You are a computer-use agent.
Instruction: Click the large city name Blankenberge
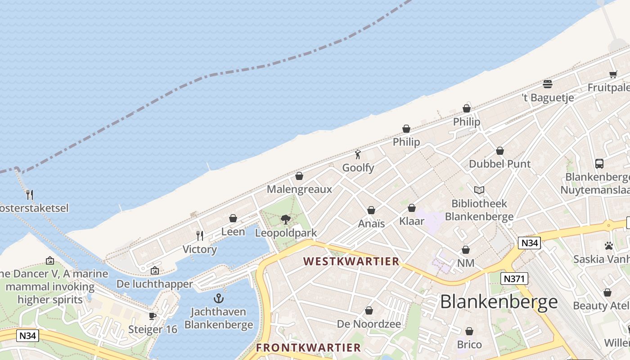[499, 301]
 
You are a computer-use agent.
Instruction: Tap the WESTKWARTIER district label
[351, 261]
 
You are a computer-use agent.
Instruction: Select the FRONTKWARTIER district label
[308, 347]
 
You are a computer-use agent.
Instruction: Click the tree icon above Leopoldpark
[285, 220]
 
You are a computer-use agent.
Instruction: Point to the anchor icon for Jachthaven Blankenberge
[219, 298]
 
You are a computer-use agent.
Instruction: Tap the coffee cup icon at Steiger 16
[153, 316]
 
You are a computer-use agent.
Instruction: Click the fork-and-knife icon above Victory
[200, 236]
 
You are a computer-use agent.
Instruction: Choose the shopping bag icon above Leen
[233, 219]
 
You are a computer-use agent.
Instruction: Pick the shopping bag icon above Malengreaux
[299, 176]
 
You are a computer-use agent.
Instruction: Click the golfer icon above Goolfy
[358, 155]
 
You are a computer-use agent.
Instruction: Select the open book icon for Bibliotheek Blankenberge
[479, 190]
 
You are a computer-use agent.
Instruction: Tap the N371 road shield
[514, 279]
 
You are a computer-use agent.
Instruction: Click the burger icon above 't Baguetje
[548, 84]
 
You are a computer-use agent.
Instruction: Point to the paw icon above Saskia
[609, 246]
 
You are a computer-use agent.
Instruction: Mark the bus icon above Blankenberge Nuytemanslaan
[599, 164]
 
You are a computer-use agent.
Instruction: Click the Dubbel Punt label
[500, 164]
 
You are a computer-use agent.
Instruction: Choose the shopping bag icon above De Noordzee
[369, 310]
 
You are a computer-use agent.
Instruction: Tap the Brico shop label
[469, 345]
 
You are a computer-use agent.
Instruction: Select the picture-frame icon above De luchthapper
[155, 270]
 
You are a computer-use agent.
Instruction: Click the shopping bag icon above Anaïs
[371, 210]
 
